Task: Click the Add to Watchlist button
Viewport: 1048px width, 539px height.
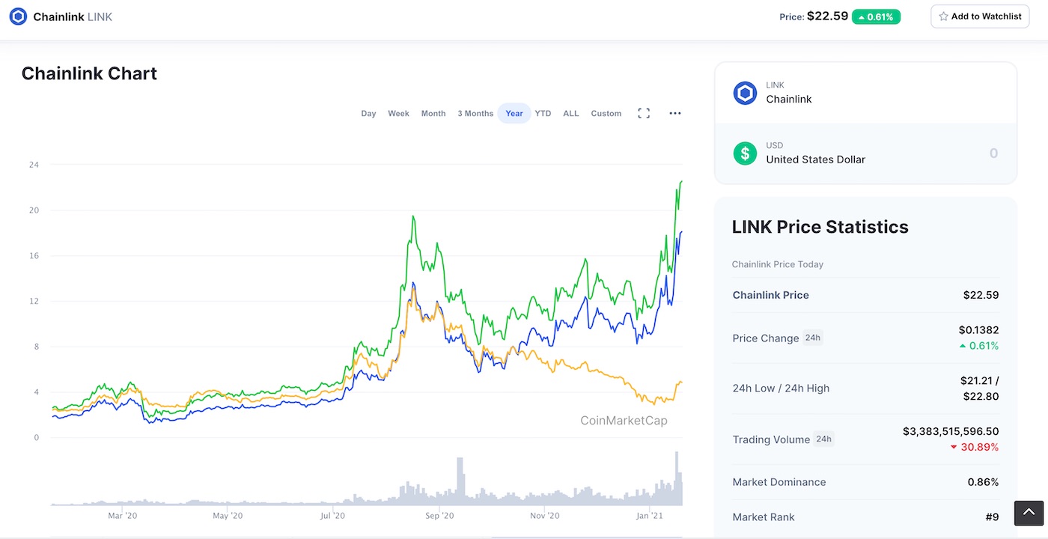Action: point(980,16)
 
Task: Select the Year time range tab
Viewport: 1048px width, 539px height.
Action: point(514,114)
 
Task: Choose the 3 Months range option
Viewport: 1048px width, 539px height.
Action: point(475,114)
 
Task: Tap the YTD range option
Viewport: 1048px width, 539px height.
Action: point(543,114)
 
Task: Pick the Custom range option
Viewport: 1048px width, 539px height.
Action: point(606,114)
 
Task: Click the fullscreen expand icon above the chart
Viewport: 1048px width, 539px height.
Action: point(644,114)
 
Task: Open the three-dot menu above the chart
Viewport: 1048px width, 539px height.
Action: point(675,114)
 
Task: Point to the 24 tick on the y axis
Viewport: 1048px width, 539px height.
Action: point(34,165)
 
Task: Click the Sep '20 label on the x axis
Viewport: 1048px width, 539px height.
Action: point(439,516)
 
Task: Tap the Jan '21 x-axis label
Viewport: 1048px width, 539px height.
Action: point(649,516)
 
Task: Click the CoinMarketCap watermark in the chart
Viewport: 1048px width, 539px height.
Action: point(624,421)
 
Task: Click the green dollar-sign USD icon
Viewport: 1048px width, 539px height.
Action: point(745,153)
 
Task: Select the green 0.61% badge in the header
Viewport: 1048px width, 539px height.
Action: point(876,16)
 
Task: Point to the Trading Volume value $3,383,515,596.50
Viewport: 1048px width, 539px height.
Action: point(951,432)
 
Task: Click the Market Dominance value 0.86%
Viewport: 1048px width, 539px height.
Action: point(984,482)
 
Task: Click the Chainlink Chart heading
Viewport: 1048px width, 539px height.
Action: point(89,73)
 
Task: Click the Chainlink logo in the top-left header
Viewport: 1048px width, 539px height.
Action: point(18,16)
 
